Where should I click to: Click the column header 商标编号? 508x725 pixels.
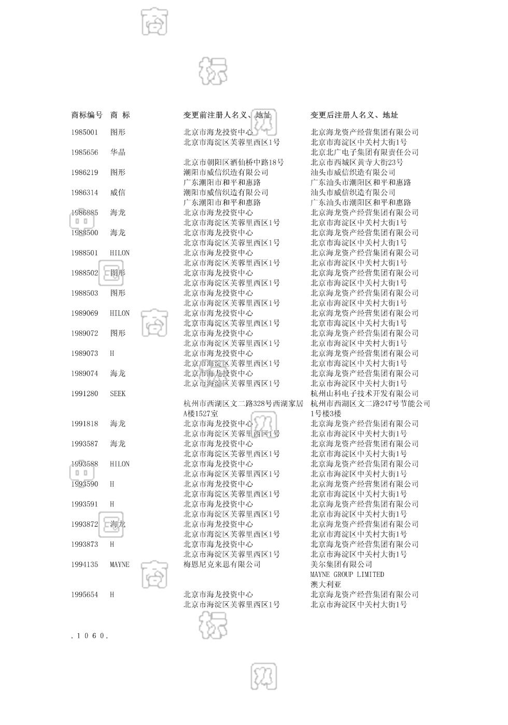coord(87,115)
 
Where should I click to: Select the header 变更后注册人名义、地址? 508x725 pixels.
coord(354,115)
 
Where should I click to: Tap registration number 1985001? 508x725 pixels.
coord(84,132)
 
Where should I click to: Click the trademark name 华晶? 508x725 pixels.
coord(118,152)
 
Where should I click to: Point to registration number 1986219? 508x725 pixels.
coord(84,172)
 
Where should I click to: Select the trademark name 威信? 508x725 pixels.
coord(118,193)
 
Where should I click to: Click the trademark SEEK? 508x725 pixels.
coord(118,394)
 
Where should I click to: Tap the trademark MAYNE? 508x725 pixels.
coord(120,564)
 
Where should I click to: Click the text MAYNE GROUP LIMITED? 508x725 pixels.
coord(347,574)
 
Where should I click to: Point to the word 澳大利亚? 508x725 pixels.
coord(326,585)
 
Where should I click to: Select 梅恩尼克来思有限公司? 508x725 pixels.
coord(222,564)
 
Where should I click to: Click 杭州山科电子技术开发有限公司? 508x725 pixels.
coord(364,394)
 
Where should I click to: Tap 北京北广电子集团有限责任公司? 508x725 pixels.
coord(364,152)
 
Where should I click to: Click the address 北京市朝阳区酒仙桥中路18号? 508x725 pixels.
coord(234,162)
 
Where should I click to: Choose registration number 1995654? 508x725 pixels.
coord(84,594)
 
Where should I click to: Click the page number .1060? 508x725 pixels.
coord(89,635)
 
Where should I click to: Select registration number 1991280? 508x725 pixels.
coord(84,394)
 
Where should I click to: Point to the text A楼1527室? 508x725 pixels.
coord(201,414)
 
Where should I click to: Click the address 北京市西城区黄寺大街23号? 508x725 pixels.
coord(357,162)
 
